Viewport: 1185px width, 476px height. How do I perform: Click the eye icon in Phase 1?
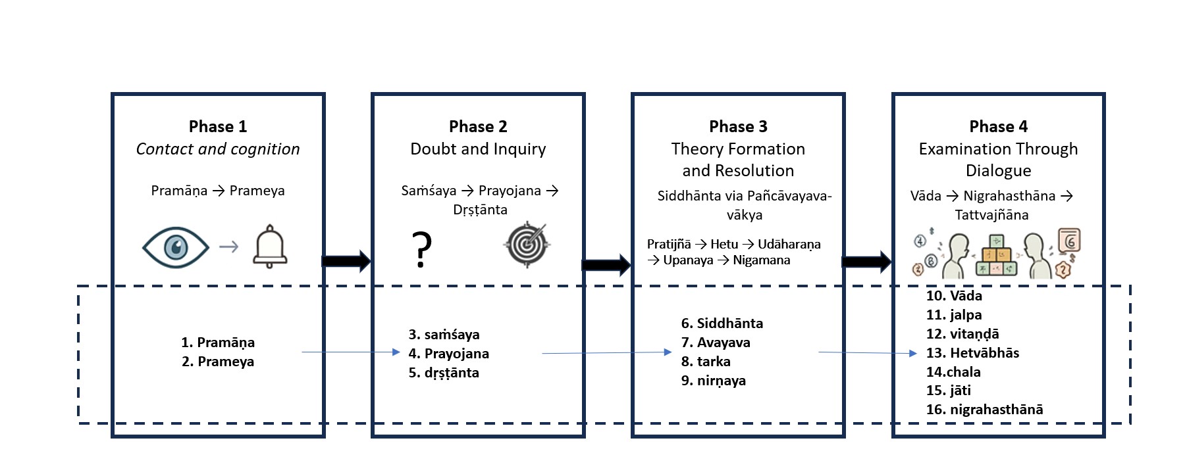tap(175, 247)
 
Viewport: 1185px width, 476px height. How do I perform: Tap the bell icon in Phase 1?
tap(270, 247)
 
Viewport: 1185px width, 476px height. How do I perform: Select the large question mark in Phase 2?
tap(422, 249)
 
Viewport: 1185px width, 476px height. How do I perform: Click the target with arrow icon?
tap(527, 245)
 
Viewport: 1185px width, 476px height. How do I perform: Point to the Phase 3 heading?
tap(738, 126)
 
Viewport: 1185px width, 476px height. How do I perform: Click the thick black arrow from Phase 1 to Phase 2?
tap(346, 261)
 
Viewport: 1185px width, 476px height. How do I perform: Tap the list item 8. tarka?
tap(706, 362)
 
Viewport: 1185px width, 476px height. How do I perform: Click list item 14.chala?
tap(953, 372)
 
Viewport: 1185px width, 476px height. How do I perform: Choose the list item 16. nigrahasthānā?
tap(984, 410)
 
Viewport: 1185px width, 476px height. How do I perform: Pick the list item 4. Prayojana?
tap(448, 354)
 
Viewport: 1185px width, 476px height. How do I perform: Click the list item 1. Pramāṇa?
tap(218, 343)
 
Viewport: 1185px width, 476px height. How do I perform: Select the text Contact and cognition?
tap(218, 149)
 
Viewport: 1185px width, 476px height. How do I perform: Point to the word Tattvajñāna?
tap(991, 215)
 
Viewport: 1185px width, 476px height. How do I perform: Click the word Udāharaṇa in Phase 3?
tap(789, 245)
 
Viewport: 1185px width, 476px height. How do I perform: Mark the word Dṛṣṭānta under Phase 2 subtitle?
tap(480, 210)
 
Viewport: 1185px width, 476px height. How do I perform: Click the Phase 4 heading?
tap(998, 126)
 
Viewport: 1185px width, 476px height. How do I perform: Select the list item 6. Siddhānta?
tap(722, 323)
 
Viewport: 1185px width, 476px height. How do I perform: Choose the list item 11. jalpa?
tap(954, 315)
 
